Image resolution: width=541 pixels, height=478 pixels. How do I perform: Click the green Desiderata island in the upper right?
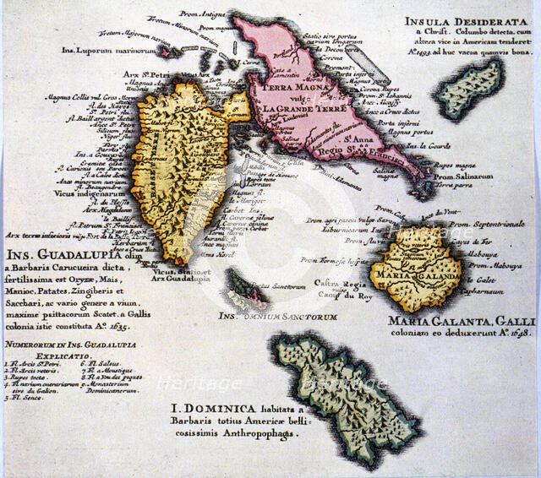tap(470, 89)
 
